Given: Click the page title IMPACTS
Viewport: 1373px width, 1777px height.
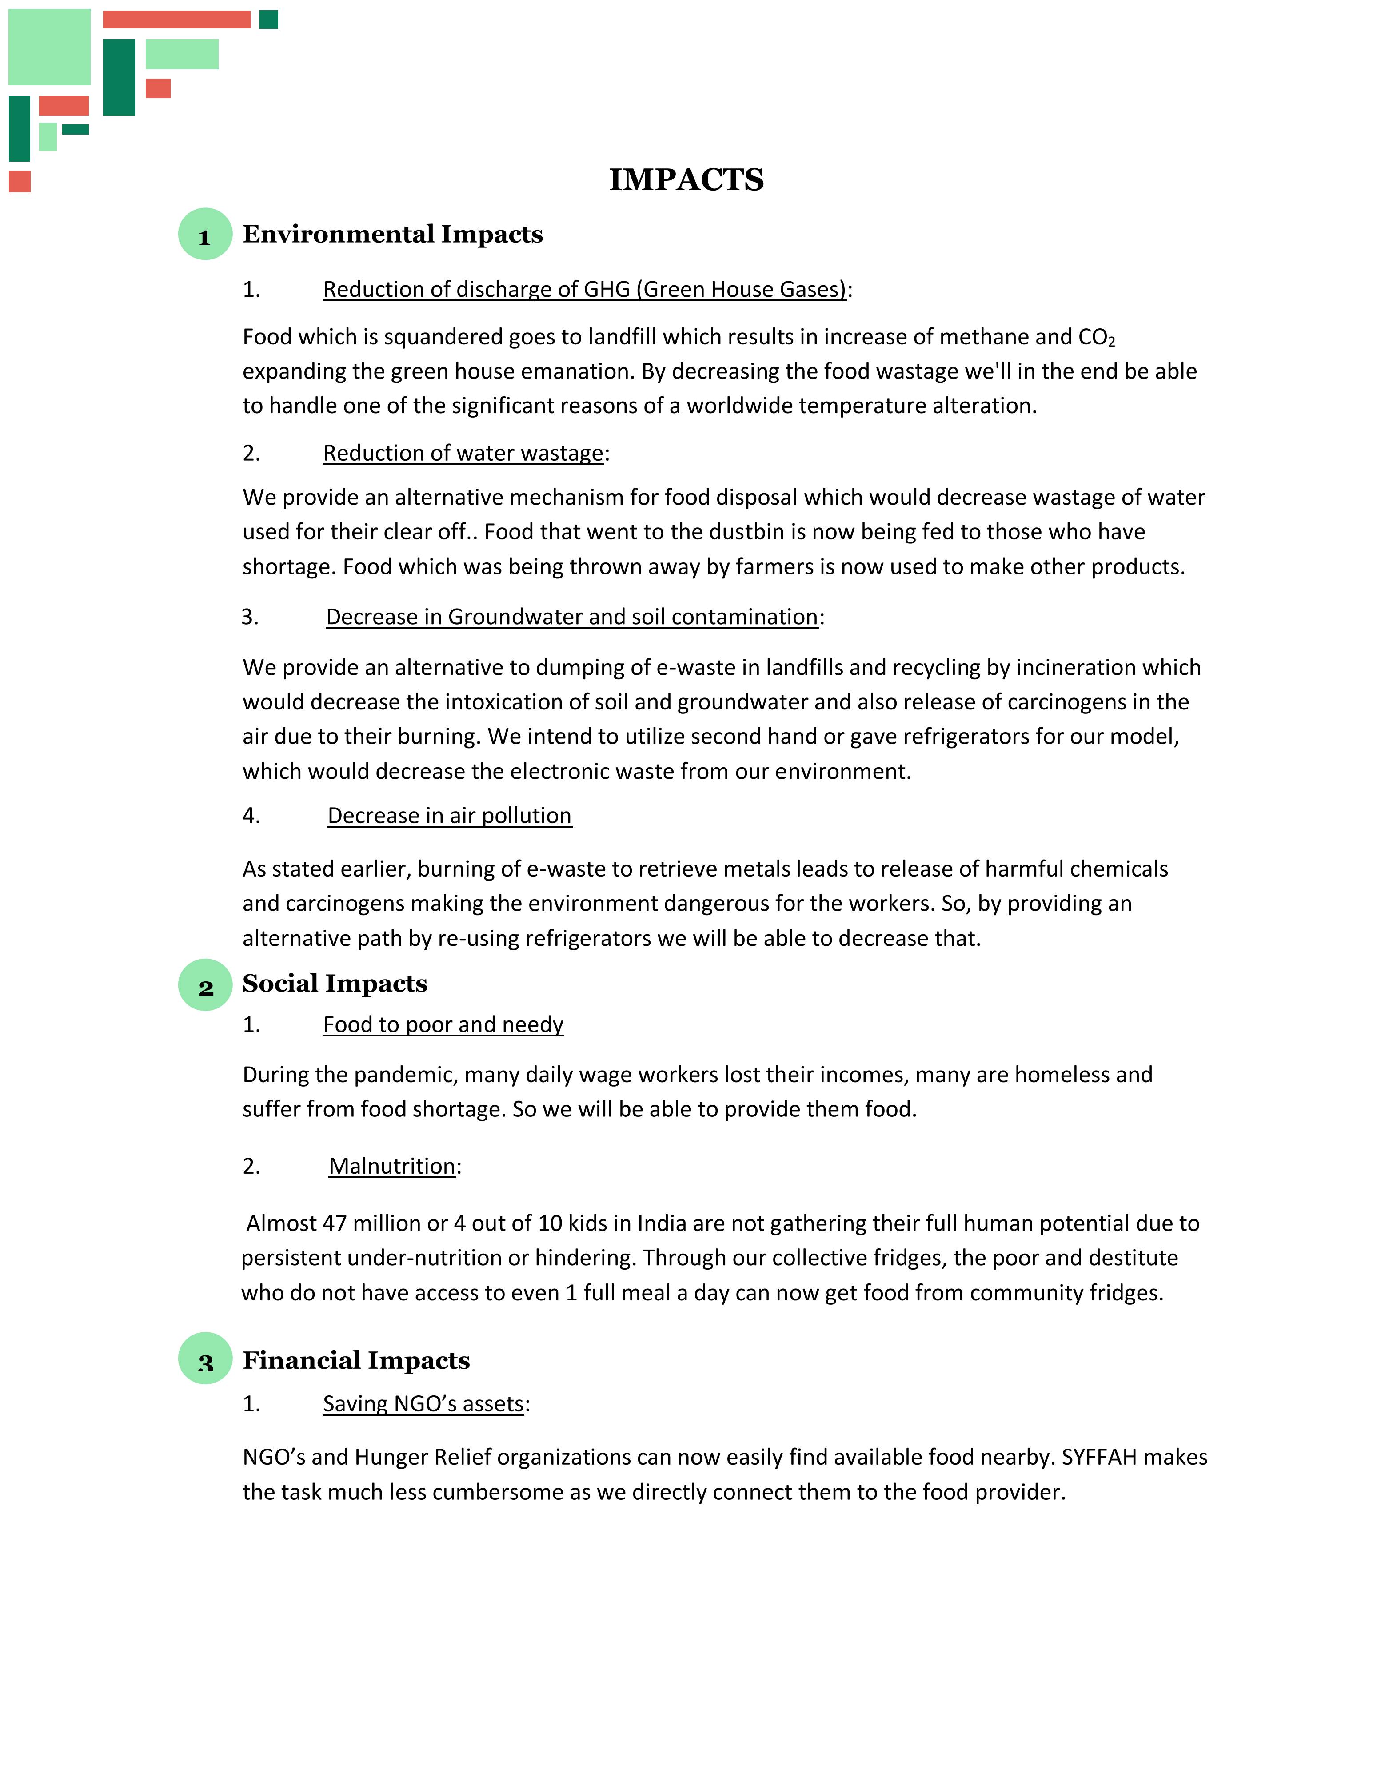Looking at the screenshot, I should (686, 180).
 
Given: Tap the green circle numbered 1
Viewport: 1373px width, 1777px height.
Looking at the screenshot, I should (205, 234).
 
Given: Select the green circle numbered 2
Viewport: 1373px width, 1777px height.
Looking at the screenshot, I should (205, 985).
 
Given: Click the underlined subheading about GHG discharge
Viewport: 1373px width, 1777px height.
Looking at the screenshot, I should (584, 290).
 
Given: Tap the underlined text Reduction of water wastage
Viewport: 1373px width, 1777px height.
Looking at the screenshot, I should (463, 453).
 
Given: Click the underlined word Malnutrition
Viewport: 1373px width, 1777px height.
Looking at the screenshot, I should (391, 1166).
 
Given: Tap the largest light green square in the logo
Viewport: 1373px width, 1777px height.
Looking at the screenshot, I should (50, 47).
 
